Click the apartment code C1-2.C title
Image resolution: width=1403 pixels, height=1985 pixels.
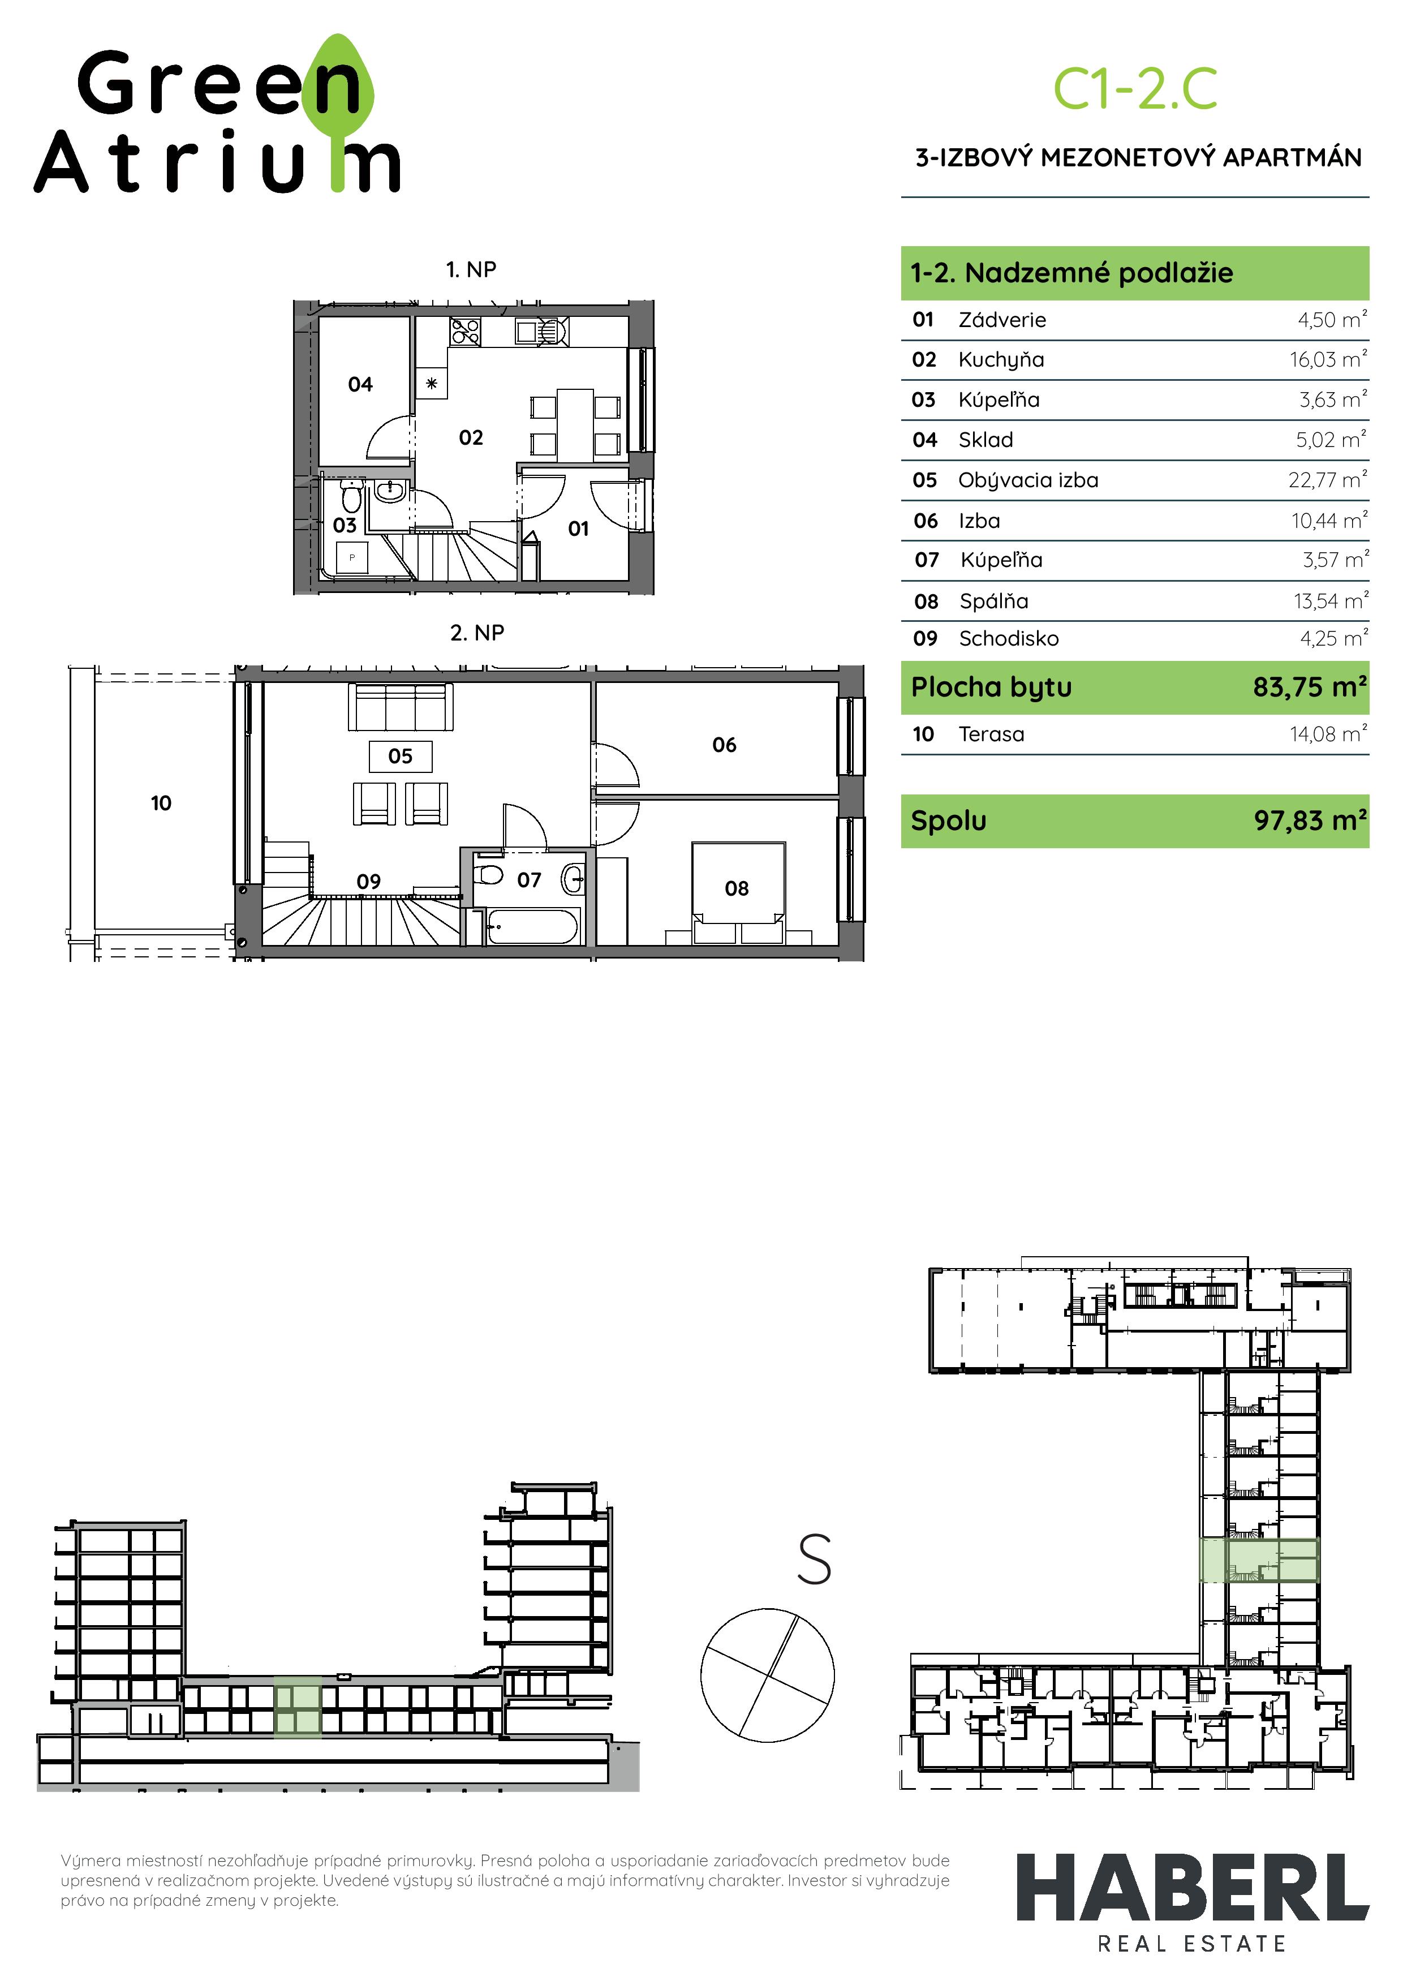1134,90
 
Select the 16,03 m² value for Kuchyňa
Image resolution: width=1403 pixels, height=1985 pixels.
1327,360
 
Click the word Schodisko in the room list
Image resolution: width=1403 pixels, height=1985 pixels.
1008,639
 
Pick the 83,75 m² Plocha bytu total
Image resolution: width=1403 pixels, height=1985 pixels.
1309,688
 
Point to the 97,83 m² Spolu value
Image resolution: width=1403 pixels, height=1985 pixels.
1310,820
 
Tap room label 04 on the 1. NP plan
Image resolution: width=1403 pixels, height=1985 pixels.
360,384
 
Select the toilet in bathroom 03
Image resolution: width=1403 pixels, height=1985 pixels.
351,499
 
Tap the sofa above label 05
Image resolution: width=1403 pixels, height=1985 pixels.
400,708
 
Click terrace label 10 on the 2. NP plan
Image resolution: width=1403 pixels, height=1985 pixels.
161,803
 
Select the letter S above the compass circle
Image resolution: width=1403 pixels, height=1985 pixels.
814,1559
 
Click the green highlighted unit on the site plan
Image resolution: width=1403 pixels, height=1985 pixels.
1259,1561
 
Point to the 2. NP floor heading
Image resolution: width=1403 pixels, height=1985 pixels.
476,633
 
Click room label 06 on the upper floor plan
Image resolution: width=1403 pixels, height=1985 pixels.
724,745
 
